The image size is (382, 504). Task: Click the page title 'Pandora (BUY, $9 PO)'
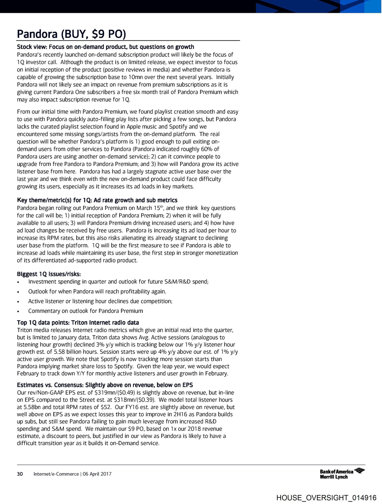coord(72,34)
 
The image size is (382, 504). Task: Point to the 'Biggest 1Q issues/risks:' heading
coord(49,274)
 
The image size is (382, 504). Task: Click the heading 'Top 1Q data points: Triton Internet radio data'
coord(78,323)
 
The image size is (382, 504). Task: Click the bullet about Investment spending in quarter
coord(118,282)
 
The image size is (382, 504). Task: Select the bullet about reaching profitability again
coord(97,291)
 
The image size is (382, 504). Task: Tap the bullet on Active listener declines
coord(100,301)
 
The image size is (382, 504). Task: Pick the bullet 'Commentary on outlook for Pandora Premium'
coord(85,311)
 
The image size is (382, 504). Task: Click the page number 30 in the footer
coord(20,474)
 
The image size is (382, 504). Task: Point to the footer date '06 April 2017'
coord(97,474)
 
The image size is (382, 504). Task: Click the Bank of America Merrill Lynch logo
coord(342,474)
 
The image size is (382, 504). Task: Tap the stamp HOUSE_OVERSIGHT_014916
coord(326,498)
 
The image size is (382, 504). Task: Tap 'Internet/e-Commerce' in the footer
coord(56,474)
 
